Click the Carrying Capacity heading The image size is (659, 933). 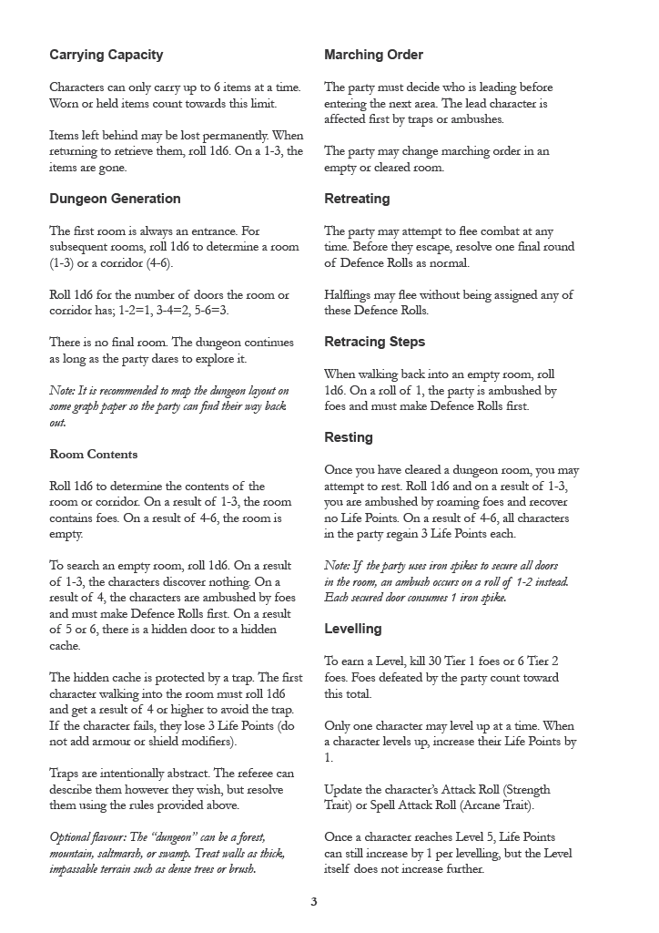[x=106, y=55]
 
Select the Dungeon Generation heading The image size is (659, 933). [x=115, y=199]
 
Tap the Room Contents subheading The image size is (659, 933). [x=94, y=454]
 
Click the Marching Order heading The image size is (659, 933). [x=373, y=55]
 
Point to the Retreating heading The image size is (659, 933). [x=357, y=199]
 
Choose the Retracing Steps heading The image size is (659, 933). [x=374, y=342]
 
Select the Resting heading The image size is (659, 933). [x=349, y=437]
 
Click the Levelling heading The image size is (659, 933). [x=353, y=629]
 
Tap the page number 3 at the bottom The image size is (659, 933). [x=314, y=902]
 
